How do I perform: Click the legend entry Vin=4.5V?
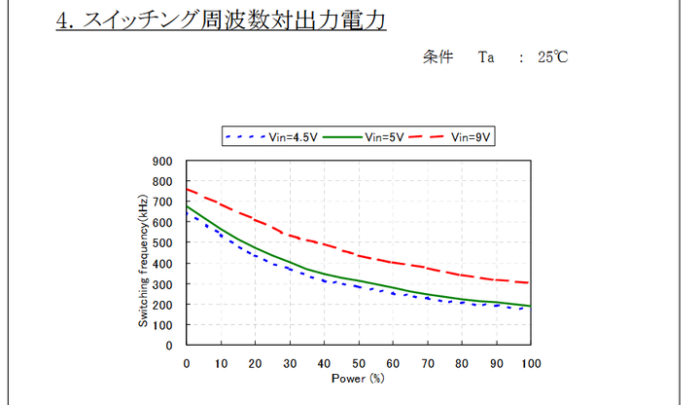(277, 137)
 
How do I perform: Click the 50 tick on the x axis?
(359, 363)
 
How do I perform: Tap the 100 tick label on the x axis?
(531, 363)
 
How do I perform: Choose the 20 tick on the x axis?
(256, 363)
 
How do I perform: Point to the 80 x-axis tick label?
(462, 363)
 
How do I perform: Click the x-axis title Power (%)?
(359, 377)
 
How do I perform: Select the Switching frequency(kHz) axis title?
(143, 253)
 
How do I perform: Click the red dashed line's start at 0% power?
(187, 189)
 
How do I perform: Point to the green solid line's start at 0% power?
(187, 206)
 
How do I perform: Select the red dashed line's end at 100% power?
(530, 282)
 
